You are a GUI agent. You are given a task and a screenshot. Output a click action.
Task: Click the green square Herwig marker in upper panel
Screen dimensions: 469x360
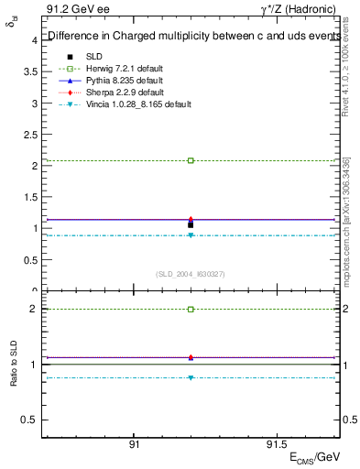(x=191, y=160)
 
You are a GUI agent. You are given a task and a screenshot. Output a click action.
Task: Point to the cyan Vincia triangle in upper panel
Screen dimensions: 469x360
(x=191, y=235)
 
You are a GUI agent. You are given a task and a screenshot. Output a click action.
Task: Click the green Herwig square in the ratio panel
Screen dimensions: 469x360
(x=191, y=310)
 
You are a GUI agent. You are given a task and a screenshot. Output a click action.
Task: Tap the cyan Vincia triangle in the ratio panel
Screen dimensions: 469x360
(x=191, y=377)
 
